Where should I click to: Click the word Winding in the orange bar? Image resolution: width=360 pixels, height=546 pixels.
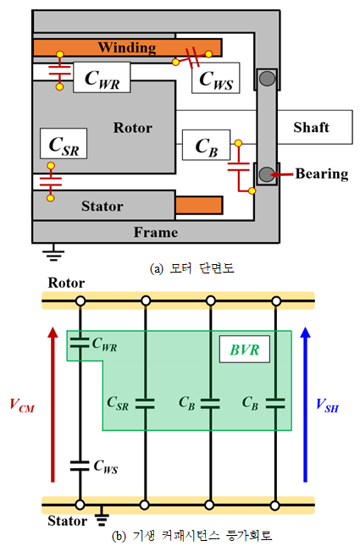(127, 47)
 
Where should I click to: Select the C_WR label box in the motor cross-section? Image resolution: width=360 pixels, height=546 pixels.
(102, 78)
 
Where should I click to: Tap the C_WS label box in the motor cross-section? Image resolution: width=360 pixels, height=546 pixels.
(216, 78)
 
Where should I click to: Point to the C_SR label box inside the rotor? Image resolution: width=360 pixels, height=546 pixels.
(64, 143)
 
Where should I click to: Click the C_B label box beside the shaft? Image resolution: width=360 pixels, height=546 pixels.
(207, 146)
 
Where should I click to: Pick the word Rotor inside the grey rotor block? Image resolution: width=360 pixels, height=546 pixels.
(133, 128)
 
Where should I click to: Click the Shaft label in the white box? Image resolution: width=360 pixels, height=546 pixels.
(311, 127)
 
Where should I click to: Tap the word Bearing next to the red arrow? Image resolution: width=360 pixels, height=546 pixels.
(322, 174)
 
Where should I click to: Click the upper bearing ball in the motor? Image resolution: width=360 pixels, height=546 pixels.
(268, 79)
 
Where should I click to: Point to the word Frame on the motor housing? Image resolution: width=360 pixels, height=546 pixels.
(156, 232)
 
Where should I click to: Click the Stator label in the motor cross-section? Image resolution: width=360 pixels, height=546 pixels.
(102, 207)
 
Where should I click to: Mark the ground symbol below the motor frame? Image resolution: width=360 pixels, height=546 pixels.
(53, 253)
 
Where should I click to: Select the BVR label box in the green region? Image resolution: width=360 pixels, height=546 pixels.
(244, 350)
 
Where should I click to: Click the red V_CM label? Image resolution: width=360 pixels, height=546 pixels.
(22, 405)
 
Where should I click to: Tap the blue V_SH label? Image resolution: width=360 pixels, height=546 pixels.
(327, 405)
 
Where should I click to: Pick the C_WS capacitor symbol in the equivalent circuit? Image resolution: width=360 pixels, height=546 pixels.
(80, 466)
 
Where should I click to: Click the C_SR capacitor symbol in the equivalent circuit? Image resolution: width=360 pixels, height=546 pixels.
(145, 404)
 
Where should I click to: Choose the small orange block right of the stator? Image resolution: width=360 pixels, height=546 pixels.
(199, 205)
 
